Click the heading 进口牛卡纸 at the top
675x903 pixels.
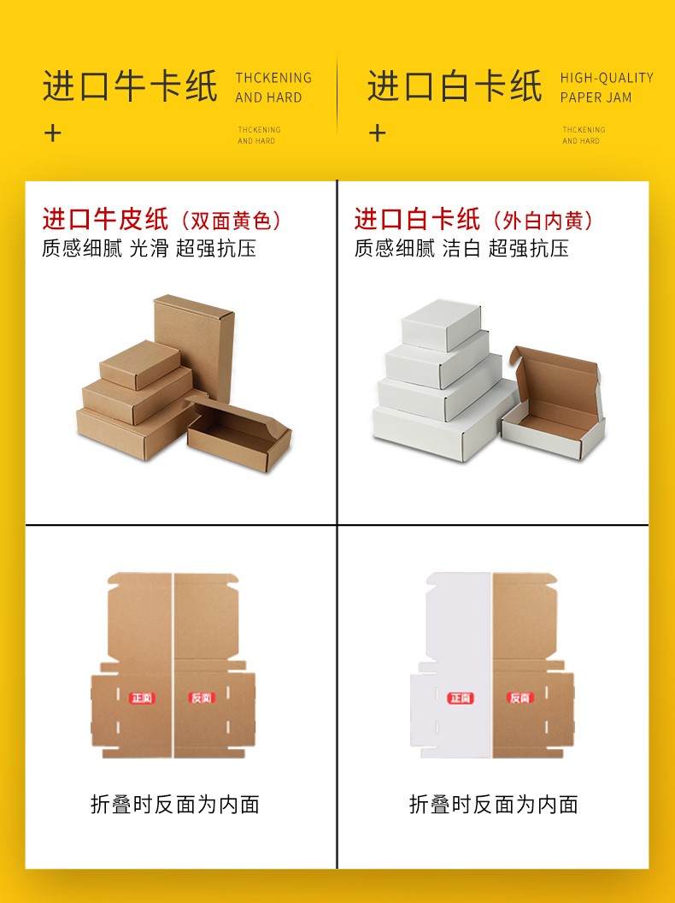[130, 87]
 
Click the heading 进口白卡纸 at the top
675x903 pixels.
[455, 87]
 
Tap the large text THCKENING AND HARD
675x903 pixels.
[273, 87]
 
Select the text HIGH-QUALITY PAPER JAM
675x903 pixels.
[607, 87]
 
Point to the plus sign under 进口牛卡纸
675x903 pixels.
[53, 133]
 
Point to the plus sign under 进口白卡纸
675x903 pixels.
[378, 133]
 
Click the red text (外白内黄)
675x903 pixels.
[543, 221]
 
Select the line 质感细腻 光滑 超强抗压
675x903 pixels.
[149, 249]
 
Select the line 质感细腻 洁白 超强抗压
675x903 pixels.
[461, 249]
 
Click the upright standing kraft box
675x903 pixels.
[195, 342]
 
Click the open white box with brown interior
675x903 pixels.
[555, 406]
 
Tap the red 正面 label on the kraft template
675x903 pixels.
[142, 699]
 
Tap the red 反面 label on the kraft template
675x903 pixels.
[201, 699]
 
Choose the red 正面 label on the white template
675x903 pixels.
[460, 699]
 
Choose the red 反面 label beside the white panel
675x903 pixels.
[519, 699]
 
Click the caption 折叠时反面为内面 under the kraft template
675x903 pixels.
[174, 805]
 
